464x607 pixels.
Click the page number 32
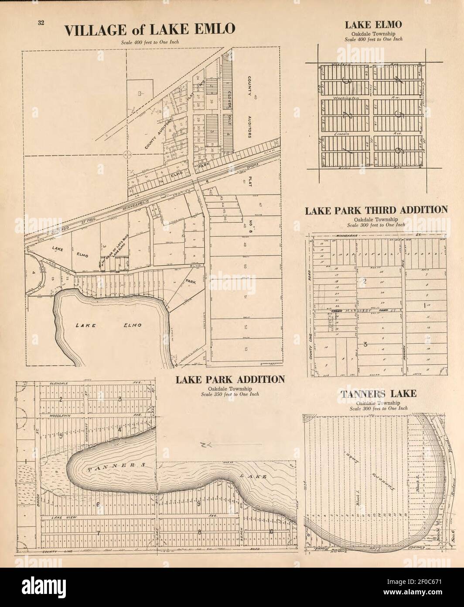click(40, 23)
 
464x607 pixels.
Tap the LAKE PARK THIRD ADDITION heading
click(376, 210)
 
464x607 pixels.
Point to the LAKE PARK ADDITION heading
click(230, 379)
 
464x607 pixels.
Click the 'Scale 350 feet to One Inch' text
click(230, 394)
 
